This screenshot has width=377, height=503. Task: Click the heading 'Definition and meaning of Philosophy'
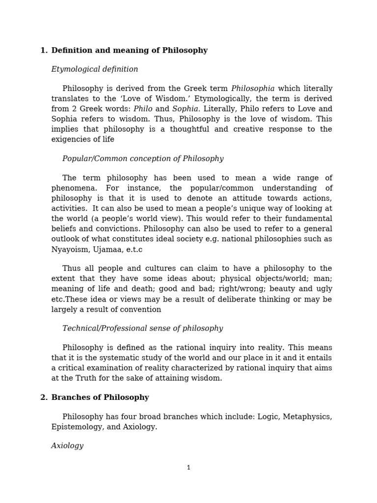pos(129,51)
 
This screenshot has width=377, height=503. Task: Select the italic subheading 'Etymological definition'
pos(94,69)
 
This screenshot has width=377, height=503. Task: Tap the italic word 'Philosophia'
pos(252,89)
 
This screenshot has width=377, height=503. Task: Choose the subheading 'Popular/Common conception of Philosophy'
pos(142,159)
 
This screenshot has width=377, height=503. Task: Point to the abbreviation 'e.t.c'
pos(133,250)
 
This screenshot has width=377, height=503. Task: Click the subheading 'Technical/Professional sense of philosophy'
pos(142,328)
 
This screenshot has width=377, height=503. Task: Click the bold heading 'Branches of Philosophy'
pos(100,397)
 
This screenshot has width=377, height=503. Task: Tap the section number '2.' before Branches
pos(44,397)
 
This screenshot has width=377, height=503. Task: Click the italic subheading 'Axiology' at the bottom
pos(67,446)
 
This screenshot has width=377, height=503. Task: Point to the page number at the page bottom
pos(188,468)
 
